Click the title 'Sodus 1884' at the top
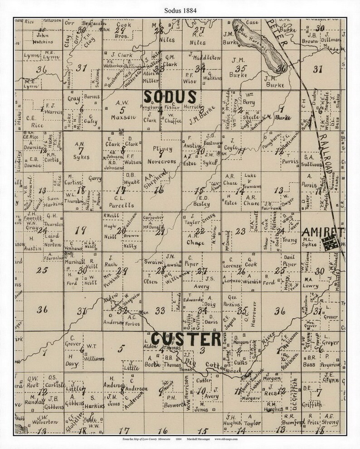coord(180,8)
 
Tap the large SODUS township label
coord(170,97)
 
